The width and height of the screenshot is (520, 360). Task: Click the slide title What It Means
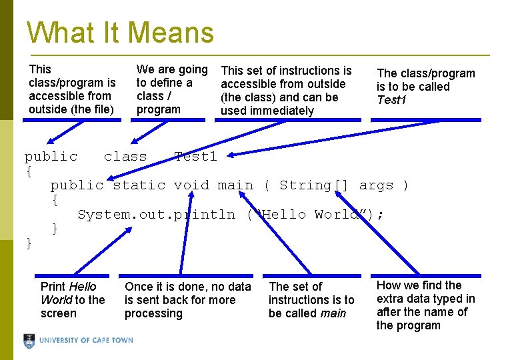point(120,32)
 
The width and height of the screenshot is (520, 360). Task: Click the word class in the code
point(125,157)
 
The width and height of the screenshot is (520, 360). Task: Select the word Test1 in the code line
point(195,157)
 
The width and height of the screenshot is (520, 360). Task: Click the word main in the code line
point(235,185)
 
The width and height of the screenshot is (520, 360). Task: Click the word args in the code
point(376,185)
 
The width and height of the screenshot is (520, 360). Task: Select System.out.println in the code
point(156,215)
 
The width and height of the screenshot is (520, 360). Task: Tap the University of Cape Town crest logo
point(29,341)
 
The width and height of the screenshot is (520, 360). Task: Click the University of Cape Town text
point(86,341)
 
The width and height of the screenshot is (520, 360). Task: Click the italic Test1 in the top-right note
point(392,100)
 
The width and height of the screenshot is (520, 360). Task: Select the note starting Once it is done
point(187,300)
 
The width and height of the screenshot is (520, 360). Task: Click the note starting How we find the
point(425,305)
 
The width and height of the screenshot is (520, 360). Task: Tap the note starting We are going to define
point(171,89)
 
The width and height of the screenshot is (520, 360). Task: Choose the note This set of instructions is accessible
point(286,91)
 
